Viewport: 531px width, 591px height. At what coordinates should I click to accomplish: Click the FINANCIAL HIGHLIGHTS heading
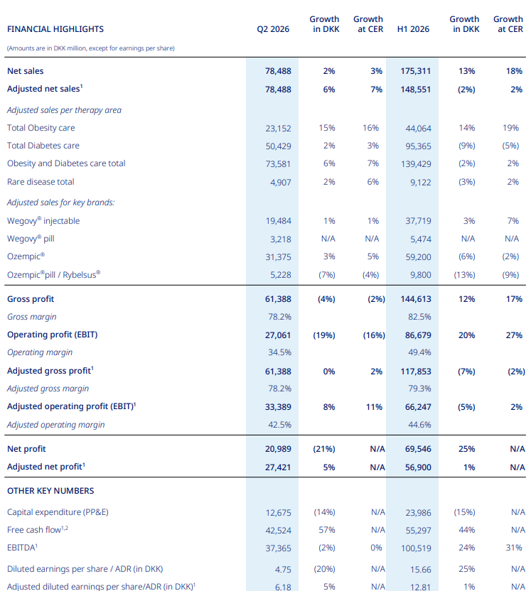(x=55, y=29)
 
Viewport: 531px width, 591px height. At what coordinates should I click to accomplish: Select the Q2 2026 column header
(x=273, y=29)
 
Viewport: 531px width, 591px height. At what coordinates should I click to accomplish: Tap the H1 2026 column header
(x=413, y=29)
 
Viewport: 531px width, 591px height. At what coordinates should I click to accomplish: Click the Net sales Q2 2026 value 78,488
(x=279, y=71)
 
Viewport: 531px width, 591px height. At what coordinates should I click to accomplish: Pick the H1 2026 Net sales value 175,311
(x=416, y=71)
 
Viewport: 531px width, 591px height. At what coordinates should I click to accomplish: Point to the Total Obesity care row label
(x=41, y=128)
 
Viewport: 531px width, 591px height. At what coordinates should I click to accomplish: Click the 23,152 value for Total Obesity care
(x=279, y=129)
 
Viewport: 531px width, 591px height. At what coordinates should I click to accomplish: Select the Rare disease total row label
(x=41, y=182)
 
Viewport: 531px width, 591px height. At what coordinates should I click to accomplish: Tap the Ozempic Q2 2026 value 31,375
(x=279, y=257)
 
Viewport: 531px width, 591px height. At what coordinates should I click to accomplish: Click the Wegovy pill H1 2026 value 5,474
(x=421, y=239)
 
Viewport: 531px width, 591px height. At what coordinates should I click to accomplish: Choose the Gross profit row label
(x=31, y=299)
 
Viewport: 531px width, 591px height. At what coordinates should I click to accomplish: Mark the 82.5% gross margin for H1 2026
(x=419, y=317)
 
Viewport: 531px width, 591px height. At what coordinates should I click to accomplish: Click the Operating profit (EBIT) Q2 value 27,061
(x=278, y=335)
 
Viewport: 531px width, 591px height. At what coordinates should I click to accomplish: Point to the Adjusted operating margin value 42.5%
(x=280, y=425)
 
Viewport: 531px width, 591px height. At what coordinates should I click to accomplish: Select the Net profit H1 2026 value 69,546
(x=418, y=449)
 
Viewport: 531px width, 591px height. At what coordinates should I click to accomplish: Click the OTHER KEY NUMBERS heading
(x=50, y=491)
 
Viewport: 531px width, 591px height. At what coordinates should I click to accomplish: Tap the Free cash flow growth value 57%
(x=327, y=530)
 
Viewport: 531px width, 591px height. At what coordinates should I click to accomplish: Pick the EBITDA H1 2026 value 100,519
(x=416, y=548)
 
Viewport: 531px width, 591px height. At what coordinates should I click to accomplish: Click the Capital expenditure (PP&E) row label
(x=58, y=512)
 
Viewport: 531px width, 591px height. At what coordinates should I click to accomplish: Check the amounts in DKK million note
(x=91, y=48)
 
